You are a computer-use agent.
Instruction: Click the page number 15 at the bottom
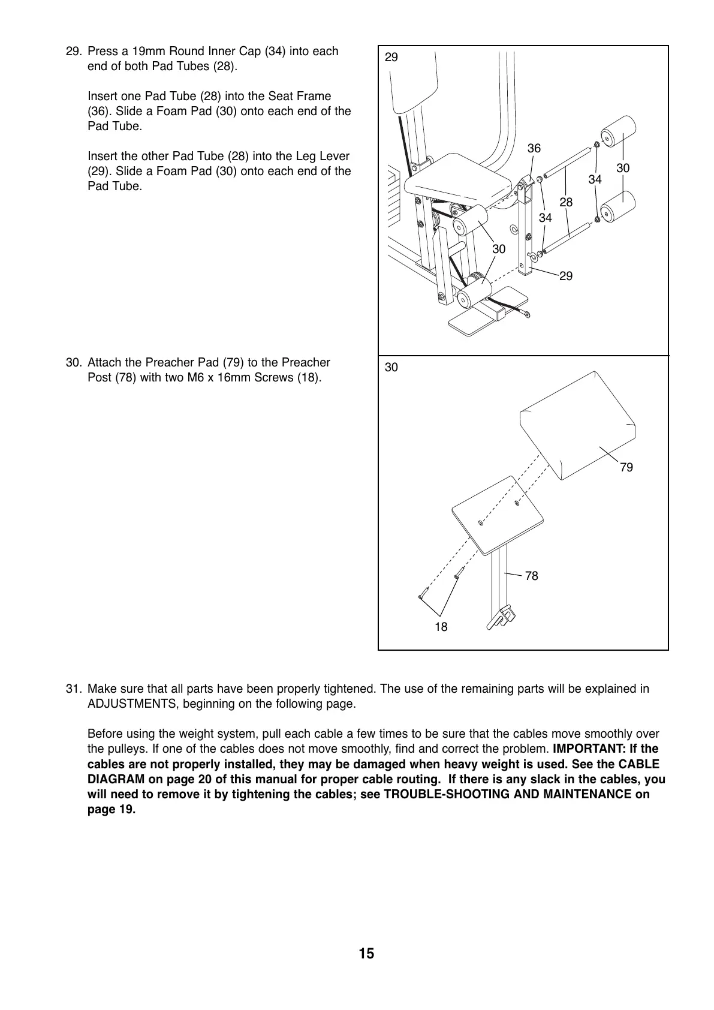[366, 954]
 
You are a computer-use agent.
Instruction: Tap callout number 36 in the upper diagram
[534, 148]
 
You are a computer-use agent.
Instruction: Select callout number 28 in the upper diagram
[566, 202]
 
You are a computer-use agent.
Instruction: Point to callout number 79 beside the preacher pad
[626, 467]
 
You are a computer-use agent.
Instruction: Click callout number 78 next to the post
[531, 576]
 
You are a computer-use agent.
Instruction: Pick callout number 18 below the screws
[441, 627]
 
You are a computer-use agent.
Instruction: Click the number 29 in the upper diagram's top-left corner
[391, 58]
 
